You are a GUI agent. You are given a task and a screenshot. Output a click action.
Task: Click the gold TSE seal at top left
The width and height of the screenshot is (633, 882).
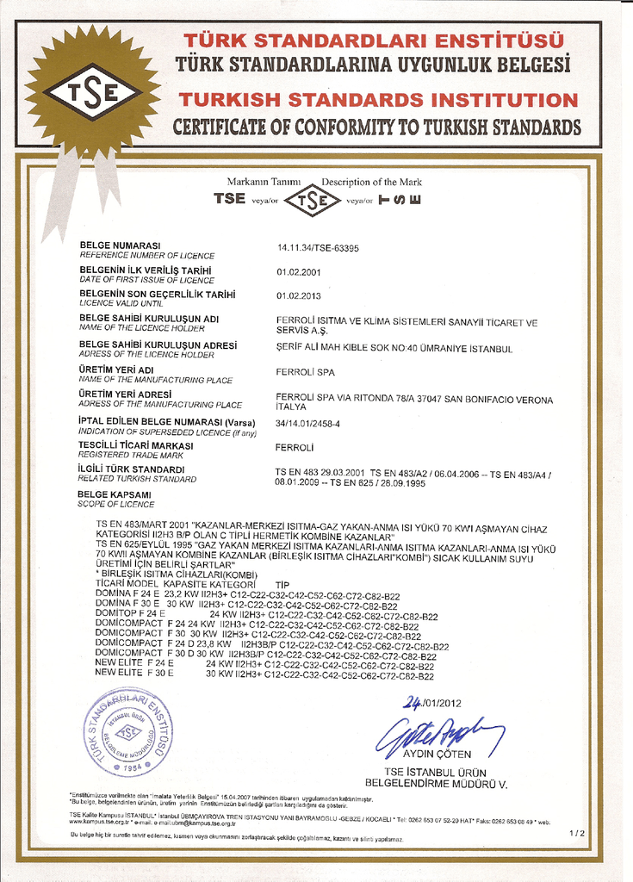(92, 92)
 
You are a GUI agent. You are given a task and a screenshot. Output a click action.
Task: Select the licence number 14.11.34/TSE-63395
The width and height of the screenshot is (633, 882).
(318, 248)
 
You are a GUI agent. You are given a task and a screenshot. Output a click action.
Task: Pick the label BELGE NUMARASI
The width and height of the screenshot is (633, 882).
(120, 246)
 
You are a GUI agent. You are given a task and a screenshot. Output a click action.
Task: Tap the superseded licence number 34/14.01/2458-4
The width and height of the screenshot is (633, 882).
(307, 423)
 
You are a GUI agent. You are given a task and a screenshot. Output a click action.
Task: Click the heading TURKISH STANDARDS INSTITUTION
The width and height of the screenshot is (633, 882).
(379, 100)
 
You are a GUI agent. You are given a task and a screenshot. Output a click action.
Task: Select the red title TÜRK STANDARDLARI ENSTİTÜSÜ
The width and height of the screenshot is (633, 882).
(374, 40)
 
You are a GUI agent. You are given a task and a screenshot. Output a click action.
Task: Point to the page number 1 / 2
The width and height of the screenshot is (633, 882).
(577, 833)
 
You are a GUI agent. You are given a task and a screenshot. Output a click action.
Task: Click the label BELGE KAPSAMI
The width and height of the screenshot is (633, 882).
(115, 494)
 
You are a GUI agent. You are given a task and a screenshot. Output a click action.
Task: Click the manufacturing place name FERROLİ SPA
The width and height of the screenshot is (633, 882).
(304, 373)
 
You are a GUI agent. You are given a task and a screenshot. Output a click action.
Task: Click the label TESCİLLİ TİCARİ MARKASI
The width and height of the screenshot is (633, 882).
(135, 445)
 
